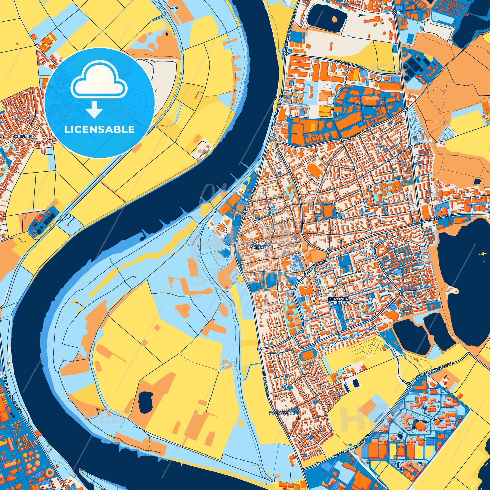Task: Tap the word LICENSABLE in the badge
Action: pyautogui.click(x=99, y=130)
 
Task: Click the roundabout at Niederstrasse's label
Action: pyautogui.click(x=342, y=140)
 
